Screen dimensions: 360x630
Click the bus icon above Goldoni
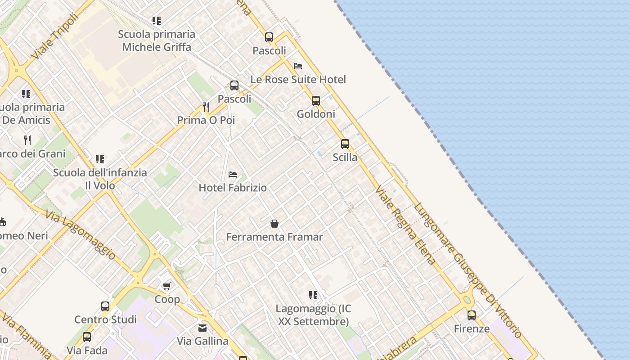(316, 100)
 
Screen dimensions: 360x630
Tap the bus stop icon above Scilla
(345, 144)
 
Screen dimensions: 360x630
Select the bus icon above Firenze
(472, 315)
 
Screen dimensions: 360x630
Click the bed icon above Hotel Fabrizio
(233, 174)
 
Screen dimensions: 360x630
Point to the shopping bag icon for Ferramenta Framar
(274, 223)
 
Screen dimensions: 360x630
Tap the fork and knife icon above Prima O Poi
(206, 107)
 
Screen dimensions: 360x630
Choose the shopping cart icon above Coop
(167, 286)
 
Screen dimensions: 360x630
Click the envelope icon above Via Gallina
(202, 328)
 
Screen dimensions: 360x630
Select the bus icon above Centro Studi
(105, 306)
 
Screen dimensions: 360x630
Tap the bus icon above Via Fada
(87, 337)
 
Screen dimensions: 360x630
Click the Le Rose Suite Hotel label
(298, 80)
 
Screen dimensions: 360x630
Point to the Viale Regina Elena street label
(405, 225)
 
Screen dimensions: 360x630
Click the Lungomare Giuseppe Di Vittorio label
(468, 270)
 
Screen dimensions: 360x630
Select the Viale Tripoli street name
(54, 36)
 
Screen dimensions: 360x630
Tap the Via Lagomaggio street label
(81, 234)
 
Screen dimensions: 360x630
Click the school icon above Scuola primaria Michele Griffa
(157, 20)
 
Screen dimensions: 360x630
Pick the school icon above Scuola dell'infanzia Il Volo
(100, 159)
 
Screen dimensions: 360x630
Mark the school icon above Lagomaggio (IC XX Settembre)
(313, 295)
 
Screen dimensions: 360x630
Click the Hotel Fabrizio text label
(233, 188)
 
